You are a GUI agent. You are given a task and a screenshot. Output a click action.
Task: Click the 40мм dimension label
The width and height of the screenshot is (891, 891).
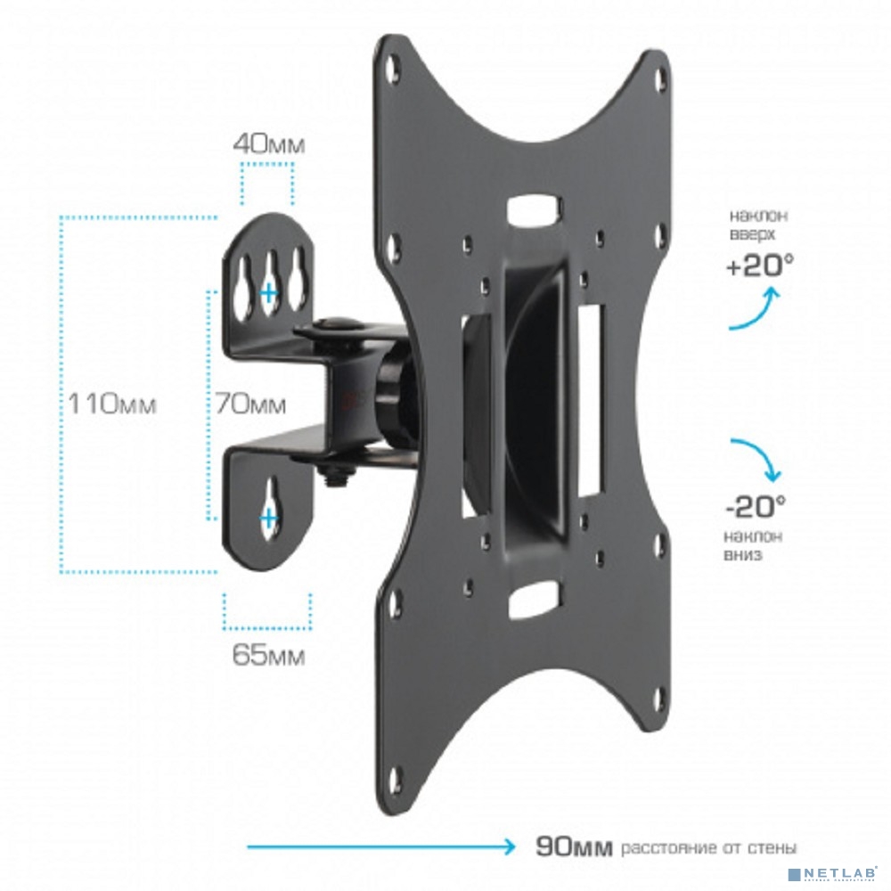(x=269, y=144)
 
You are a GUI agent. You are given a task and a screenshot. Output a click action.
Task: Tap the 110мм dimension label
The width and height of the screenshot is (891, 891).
(x=112, y=404)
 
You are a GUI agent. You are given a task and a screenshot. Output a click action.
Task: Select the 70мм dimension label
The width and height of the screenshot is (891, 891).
(x=250, y=404)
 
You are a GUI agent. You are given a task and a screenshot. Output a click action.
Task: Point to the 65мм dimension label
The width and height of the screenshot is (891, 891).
(x=269, y=655)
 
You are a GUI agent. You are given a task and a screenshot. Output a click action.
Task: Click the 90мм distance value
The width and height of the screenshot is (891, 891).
(x=574, y=847)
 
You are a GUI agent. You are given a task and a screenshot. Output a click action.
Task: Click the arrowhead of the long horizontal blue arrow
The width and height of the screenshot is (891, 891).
(x=508, y=846)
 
